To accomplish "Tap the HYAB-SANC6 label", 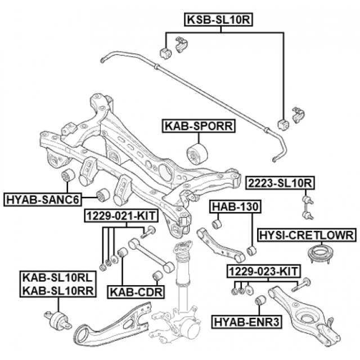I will [43, 199].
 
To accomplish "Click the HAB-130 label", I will [236, 208].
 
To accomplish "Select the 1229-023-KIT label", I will [262, 272].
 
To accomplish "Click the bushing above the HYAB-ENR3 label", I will [260, 303].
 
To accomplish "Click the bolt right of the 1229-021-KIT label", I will [151, 231].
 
